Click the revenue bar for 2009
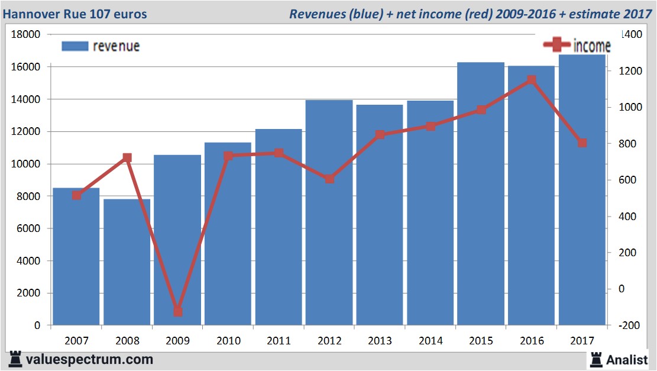177,237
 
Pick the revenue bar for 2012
329,212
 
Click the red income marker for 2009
177,312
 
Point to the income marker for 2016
531,80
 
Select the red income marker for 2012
329,179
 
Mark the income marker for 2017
582,143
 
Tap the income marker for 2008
127,158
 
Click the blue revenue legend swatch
75,46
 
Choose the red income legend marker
558,45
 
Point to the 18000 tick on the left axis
26,34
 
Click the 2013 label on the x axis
380,341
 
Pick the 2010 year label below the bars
228,341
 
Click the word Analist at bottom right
627,359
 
